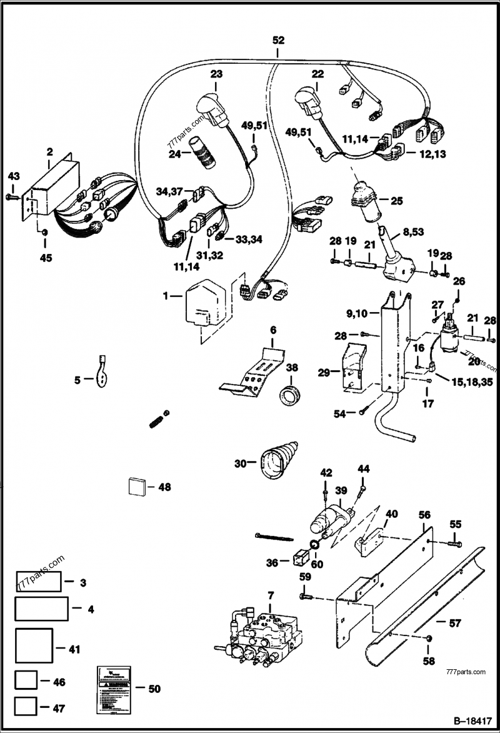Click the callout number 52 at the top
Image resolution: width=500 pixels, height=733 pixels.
point(278,39)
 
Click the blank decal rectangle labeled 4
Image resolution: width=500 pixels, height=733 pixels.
point(41,608)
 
